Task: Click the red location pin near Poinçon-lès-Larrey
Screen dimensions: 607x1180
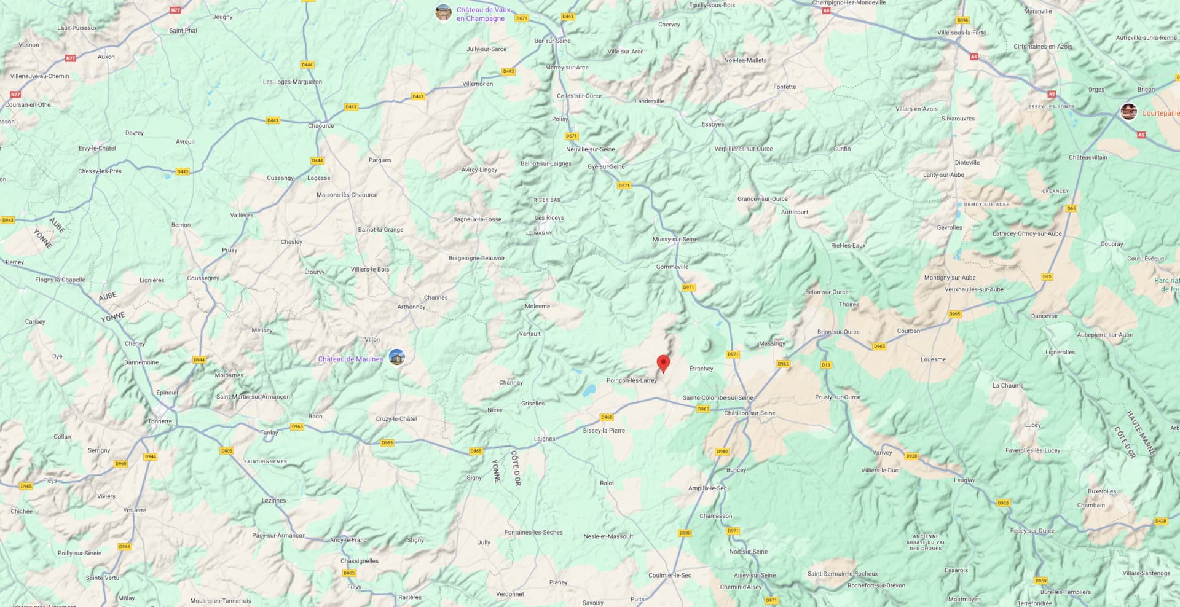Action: click(663, 363)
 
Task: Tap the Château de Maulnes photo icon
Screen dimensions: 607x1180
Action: click(397, 357)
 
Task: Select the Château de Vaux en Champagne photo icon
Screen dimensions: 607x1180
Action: click(443, 12)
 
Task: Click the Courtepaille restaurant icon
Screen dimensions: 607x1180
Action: click(1128, 112)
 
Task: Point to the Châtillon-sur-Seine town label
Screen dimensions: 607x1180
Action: click(749, 413)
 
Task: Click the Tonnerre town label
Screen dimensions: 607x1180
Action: click(160, 421)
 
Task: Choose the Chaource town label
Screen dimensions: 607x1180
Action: click(321, 126)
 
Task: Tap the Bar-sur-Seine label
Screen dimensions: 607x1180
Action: click(553, 41)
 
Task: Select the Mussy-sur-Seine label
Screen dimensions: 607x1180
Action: click(675, 240)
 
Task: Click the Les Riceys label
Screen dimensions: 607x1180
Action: click(549, 218)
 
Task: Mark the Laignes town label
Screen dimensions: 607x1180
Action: click(545, 439)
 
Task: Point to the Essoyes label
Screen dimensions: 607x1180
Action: click(713, 124)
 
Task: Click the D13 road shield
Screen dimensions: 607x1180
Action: click(826, 365)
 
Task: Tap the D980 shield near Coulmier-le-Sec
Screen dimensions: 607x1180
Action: click(685, 533)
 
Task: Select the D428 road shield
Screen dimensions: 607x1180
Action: click(1160, 521)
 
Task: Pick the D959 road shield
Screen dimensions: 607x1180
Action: click(1040, 581)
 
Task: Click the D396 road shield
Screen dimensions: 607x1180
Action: click(962, 20)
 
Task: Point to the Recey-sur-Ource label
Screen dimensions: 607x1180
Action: click(1032, 531)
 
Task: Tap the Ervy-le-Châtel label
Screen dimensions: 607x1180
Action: click(97, 148)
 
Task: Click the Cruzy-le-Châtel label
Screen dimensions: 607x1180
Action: click(396, 419)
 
